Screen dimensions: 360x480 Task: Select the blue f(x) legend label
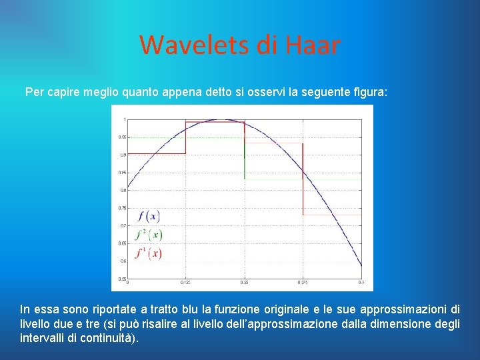(148, 217)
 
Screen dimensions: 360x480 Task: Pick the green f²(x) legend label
(148, 235)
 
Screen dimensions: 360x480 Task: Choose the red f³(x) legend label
(148, 253)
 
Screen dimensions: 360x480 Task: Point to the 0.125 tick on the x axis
(185, 283)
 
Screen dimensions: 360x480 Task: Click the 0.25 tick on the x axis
(244, 283)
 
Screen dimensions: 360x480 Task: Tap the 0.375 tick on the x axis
(302, 283)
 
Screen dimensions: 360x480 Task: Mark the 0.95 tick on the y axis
(123, 137)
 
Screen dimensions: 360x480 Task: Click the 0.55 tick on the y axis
(123, 279)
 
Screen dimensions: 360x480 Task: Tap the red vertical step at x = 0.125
(185, 137)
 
